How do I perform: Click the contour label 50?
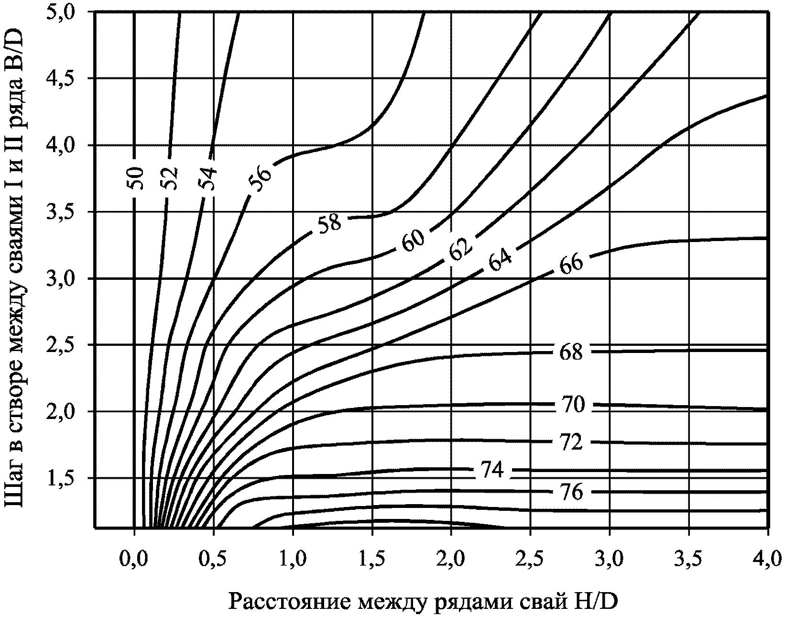pyautogui.click(x=136, y=178)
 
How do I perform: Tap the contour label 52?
pyautogui.click(x=170, y=178)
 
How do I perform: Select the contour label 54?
pyautogui.click(x=209, y=178)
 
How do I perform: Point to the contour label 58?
pyautogui.click(x=329, y=223)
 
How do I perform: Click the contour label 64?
pyautogui.click(x=500, y=260)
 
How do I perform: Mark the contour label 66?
pyautogui.click(x=571, y=264)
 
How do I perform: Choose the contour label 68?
pyautogui.click(x=571, y=352)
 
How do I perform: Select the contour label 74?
pyautogui.click(x=491, y=470)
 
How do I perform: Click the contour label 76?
pyautogui.click(x=571, y=492)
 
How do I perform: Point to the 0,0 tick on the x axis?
pyautogui.click(x=134, y=560)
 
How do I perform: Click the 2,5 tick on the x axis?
pyautogui.click(x=530, y=560)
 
